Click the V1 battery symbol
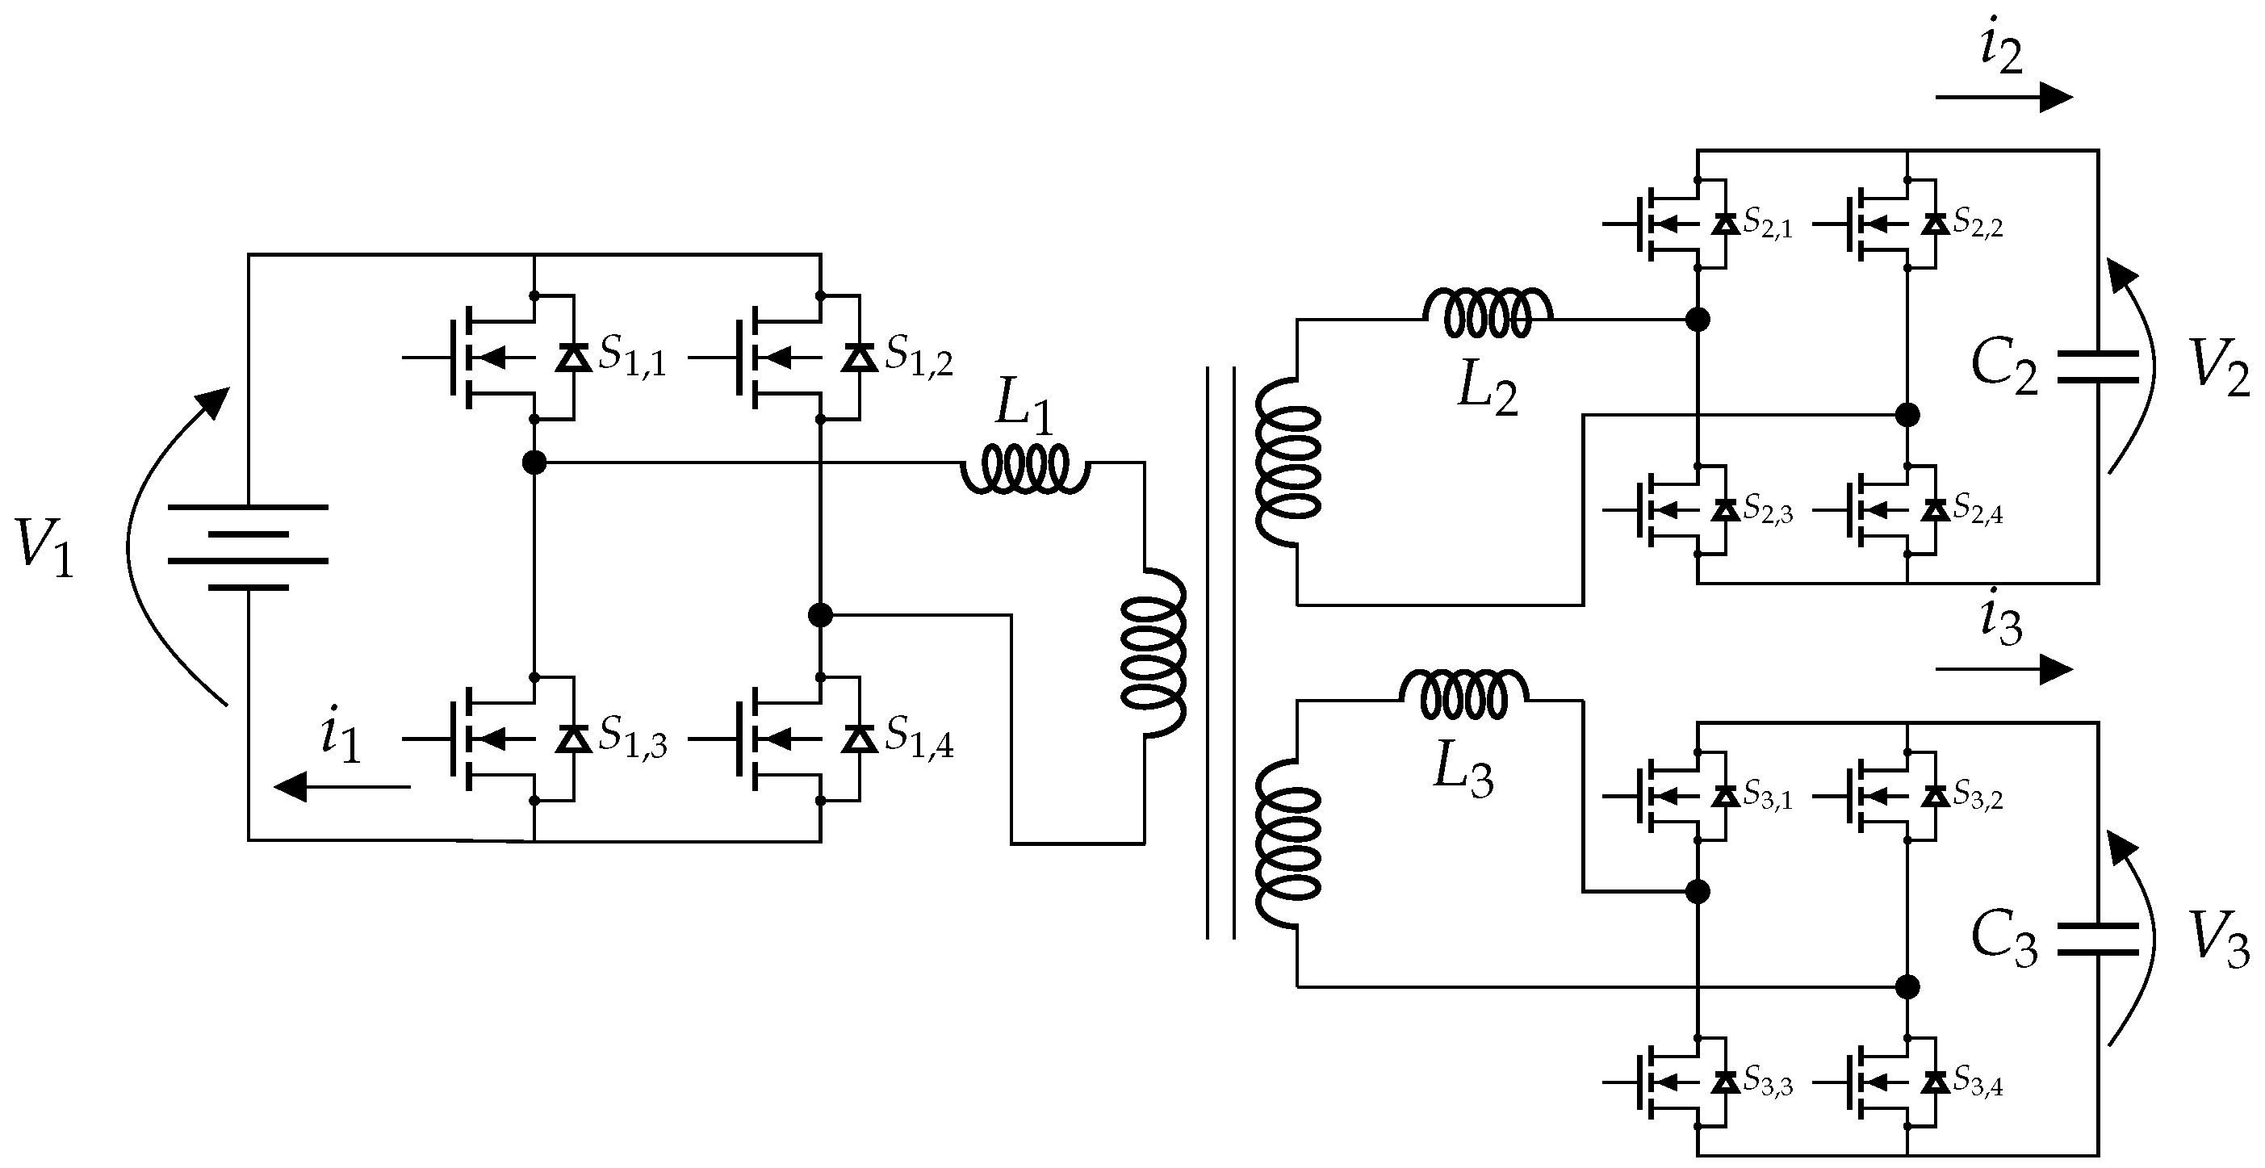click(x=248, y=547)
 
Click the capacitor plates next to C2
click(x=2098, y=366)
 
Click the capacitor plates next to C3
click(x=2098, y=940)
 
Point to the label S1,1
click(x=632, y=356)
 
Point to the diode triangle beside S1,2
click(x=859, y=358)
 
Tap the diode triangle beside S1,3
click(x=574, y=739)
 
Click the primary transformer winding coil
click(x=1153, y=651)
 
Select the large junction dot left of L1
click(x=534, y=462)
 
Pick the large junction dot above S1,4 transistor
click(x=819, y=615)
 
